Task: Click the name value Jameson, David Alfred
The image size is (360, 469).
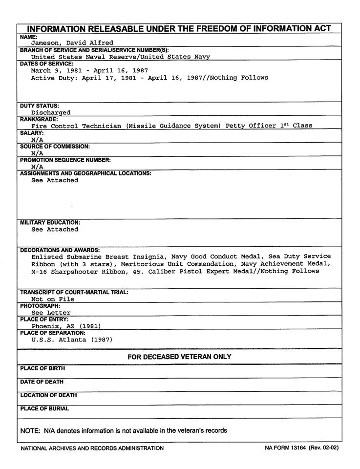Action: point(72,43)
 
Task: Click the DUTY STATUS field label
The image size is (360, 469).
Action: point(40,106)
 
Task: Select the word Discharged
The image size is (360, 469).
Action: point(51,112)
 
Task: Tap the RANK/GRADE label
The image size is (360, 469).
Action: point(39,119)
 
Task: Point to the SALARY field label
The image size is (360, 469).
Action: point(32,133)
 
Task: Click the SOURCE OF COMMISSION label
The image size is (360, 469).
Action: point(55,147)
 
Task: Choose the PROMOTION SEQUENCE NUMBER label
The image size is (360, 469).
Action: point(65,160)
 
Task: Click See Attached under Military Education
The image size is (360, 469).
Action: point(55,229)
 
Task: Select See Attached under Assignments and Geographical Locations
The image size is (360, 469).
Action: point(55,180)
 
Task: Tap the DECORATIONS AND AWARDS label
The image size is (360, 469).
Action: point(60,250)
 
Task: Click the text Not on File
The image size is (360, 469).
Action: point(53,299)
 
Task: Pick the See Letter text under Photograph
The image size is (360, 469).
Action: point(51,313)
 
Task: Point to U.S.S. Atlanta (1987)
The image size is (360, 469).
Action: point(72,340)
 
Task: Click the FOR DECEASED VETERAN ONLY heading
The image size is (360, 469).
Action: point(179,357)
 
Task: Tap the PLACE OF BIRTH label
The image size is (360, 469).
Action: point(42,368)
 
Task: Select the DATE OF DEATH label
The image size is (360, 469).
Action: point(42,382)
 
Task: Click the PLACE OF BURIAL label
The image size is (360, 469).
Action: point(44,408)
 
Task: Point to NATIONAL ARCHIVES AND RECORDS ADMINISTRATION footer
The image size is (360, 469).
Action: point(92,448)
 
